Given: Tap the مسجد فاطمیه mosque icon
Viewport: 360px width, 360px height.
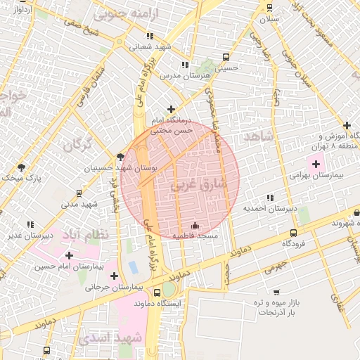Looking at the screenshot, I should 195,225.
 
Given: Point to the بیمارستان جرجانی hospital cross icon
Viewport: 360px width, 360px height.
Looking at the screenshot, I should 114,276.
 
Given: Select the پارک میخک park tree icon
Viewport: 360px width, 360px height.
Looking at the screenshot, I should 21,167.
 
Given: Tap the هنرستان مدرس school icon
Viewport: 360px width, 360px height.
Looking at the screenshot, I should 185,65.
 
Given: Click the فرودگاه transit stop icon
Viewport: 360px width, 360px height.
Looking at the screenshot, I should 293,233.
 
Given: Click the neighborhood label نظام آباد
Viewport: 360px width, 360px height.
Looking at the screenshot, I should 86,234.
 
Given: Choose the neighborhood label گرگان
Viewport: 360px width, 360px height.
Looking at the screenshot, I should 77,146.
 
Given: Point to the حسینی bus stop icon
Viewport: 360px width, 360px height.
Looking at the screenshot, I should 225,58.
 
